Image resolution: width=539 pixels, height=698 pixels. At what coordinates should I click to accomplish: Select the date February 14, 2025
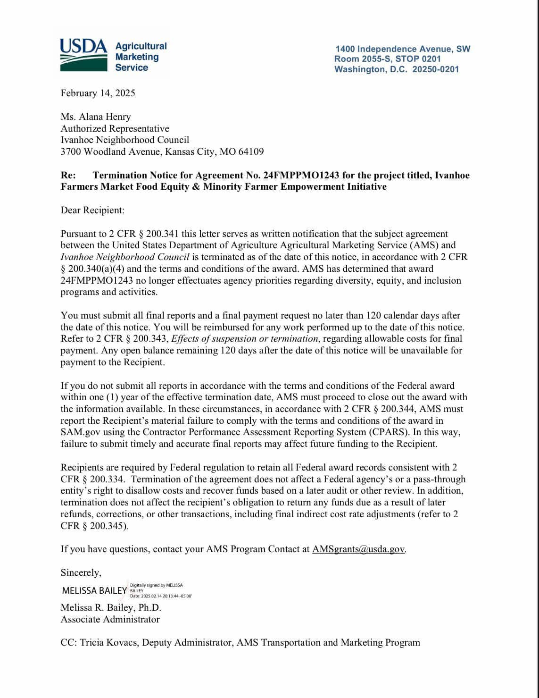(x=98, y=93)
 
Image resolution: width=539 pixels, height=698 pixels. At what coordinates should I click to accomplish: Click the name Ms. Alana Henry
(x=96, y=117)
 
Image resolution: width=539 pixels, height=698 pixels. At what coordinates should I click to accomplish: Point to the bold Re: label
(x=68, y=175)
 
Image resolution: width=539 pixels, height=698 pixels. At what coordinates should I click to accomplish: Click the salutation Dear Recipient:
(x=92, y=210)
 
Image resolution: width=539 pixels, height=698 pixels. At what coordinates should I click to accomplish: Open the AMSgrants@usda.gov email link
(x=358, y=549)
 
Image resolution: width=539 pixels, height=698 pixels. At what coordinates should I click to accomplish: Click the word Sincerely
(x=81, y=572)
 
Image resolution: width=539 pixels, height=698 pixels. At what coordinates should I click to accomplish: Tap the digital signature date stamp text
(x=161, y=596)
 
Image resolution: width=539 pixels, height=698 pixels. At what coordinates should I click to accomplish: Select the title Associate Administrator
(x=110, y=619)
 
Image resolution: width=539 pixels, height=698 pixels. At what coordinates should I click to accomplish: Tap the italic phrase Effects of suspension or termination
(x=245, y=338)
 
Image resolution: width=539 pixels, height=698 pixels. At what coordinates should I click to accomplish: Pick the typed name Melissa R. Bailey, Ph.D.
(x=111, y=607)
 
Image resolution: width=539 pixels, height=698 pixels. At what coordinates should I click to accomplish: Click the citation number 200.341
(x=163, y=234)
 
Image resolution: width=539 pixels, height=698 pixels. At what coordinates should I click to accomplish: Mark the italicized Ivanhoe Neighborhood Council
(x=125, y=257)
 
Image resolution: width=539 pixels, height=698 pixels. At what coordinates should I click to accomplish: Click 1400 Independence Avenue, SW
(x=403, y=49)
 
